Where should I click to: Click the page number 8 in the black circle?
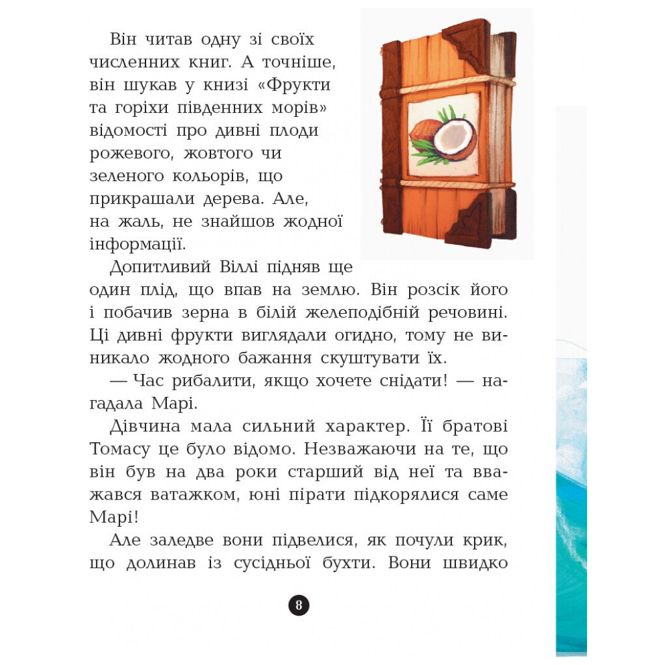(x=299, y=605)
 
